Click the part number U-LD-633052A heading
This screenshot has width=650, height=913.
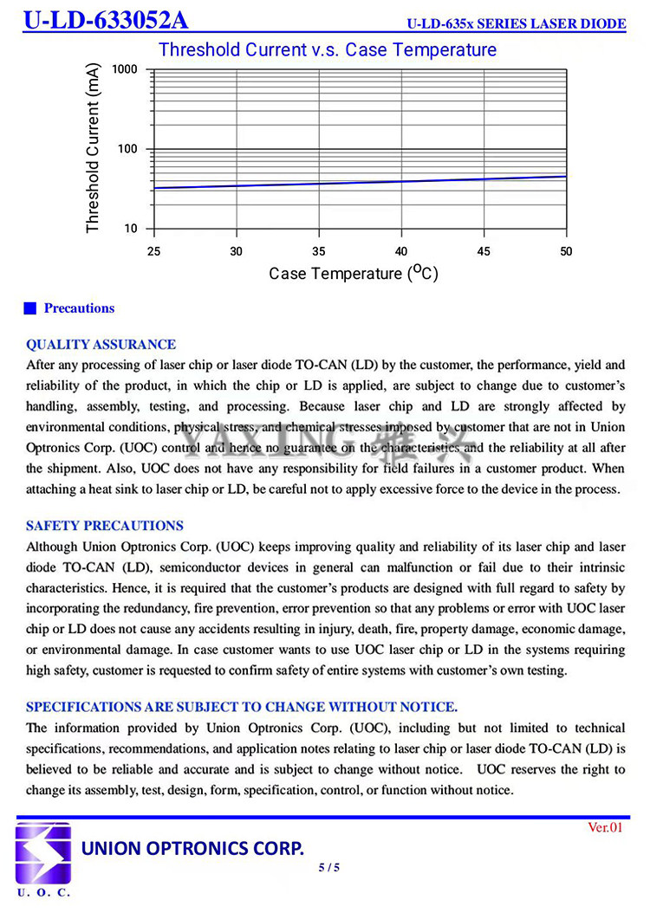coord(106,20)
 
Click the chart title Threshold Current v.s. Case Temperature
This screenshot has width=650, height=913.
coord(328,50)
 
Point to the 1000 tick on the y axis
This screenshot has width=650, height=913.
coord(124,69)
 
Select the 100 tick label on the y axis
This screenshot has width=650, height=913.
coord(127,149)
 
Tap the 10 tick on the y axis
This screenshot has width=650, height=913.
coord(131,229)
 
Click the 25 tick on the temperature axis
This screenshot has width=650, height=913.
coord(153,251)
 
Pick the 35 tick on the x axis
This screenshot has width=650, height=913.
coord(319,251)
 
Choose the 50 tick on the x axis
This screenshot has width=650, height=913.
coord(566,251)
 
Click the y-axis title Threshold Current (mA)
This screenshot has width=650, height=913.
coord(94,147)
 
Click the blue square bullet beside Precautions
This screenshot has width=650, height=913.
coord(30,308)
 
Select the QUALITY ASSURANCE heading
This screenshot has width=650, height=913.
coord(101,344)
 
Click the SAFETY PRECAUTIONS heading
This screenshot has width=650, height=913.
coord(105,525)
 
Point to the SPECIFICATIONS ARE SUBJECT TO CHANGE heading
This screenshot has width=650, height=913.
coord(242,706)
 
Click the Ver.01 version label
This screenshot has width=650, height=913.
coord(605,827)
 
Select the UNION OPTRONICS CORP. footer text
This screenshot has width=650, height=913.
coord(192,847)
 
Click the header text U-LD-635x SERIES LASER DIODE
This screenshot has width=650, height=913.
coord(517,23)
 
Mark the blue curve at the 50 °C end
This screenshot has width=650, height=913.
coord(564,176)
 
